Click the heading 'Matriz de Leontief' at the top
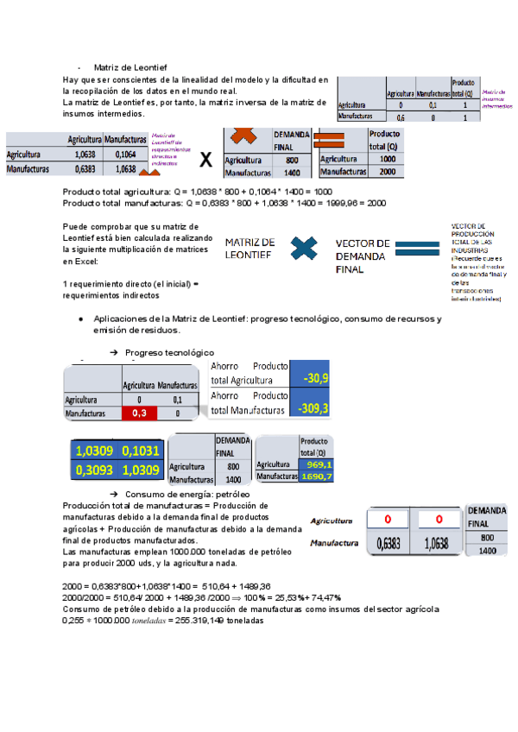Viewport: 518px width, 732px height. (130, 67)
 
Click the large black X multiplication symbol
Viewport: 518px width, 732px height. (205, 160)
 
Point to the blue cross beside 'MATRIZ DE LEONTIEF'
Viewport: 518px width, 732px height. (304, 249)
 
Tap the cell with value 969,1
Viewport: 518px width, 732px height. (317, 464)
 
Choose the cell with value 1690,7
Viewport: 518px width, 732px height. (317, 476)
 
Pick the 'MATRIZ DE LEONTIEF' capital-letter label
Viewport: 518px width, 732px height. (250, 249)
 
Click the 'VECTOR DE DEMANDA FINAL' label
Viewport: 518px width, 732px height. (363, 256)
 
